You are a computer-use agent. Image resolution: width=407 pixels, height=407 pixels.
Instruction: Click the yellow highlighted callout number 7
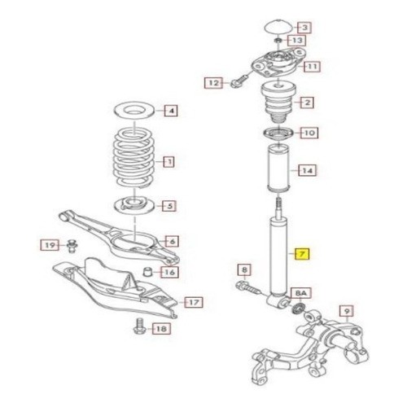pos(302,253)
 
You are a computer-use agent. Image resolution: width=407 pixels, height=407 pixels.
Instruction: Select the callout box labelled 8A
pos(301,293)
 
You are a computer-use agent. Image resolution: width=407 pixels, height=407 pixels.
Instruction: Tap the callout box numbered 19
pos(50,245)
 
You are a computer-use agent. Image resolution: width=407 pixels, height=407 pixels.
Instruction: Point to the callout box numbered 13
pos(297,41)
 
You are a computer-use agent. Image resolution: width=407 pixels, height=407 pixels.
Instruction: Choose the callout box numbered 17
pos(194,302)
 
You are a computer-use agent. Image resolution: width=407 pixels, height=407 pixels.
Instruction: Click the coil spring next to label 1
pos(134,157)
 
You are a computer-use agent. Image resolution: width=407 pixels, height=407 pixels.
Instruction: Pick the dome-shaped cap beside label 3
pos(278,27)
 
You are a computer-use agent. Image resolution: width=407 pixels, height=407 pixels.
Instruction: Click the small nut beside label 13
pos(278,41)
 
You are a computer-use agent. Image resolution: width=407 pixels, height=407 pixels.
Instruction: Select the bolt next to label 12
pos(239,81)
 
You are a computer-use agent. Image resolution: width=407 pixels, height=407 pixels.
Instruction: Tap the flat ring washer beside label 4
pos(134,110)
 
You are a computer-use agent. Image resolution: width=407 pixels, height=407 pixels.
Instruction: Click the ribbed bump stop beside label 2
pos(278,103)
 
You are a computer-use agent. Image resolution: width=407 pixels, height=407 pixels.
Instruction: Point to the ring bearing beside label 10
pos(278,133)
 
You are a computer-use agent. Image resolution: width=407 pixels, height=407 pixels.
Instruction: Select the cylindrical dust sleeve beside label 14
pos(278,168)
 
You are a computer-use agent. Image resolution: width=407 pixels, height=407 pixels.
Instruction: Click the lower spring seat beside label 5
pos(134,206)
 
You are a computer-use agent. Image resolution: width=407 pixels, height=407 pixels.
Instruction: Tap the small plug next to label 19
pos(72,246)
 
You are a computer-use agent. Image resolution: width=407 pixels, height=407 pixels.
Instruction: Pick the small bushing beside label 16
pos(148,272)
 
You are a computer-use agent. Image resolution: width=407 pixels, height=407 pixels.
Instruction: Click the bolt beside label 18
pos(140,326)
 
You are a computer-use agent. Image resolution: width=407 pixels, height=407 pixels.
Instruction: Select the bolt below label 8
pos(248,288)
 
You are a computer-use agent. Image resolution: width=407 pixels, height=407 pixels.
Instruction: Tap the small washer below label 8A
pos(300,309)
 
